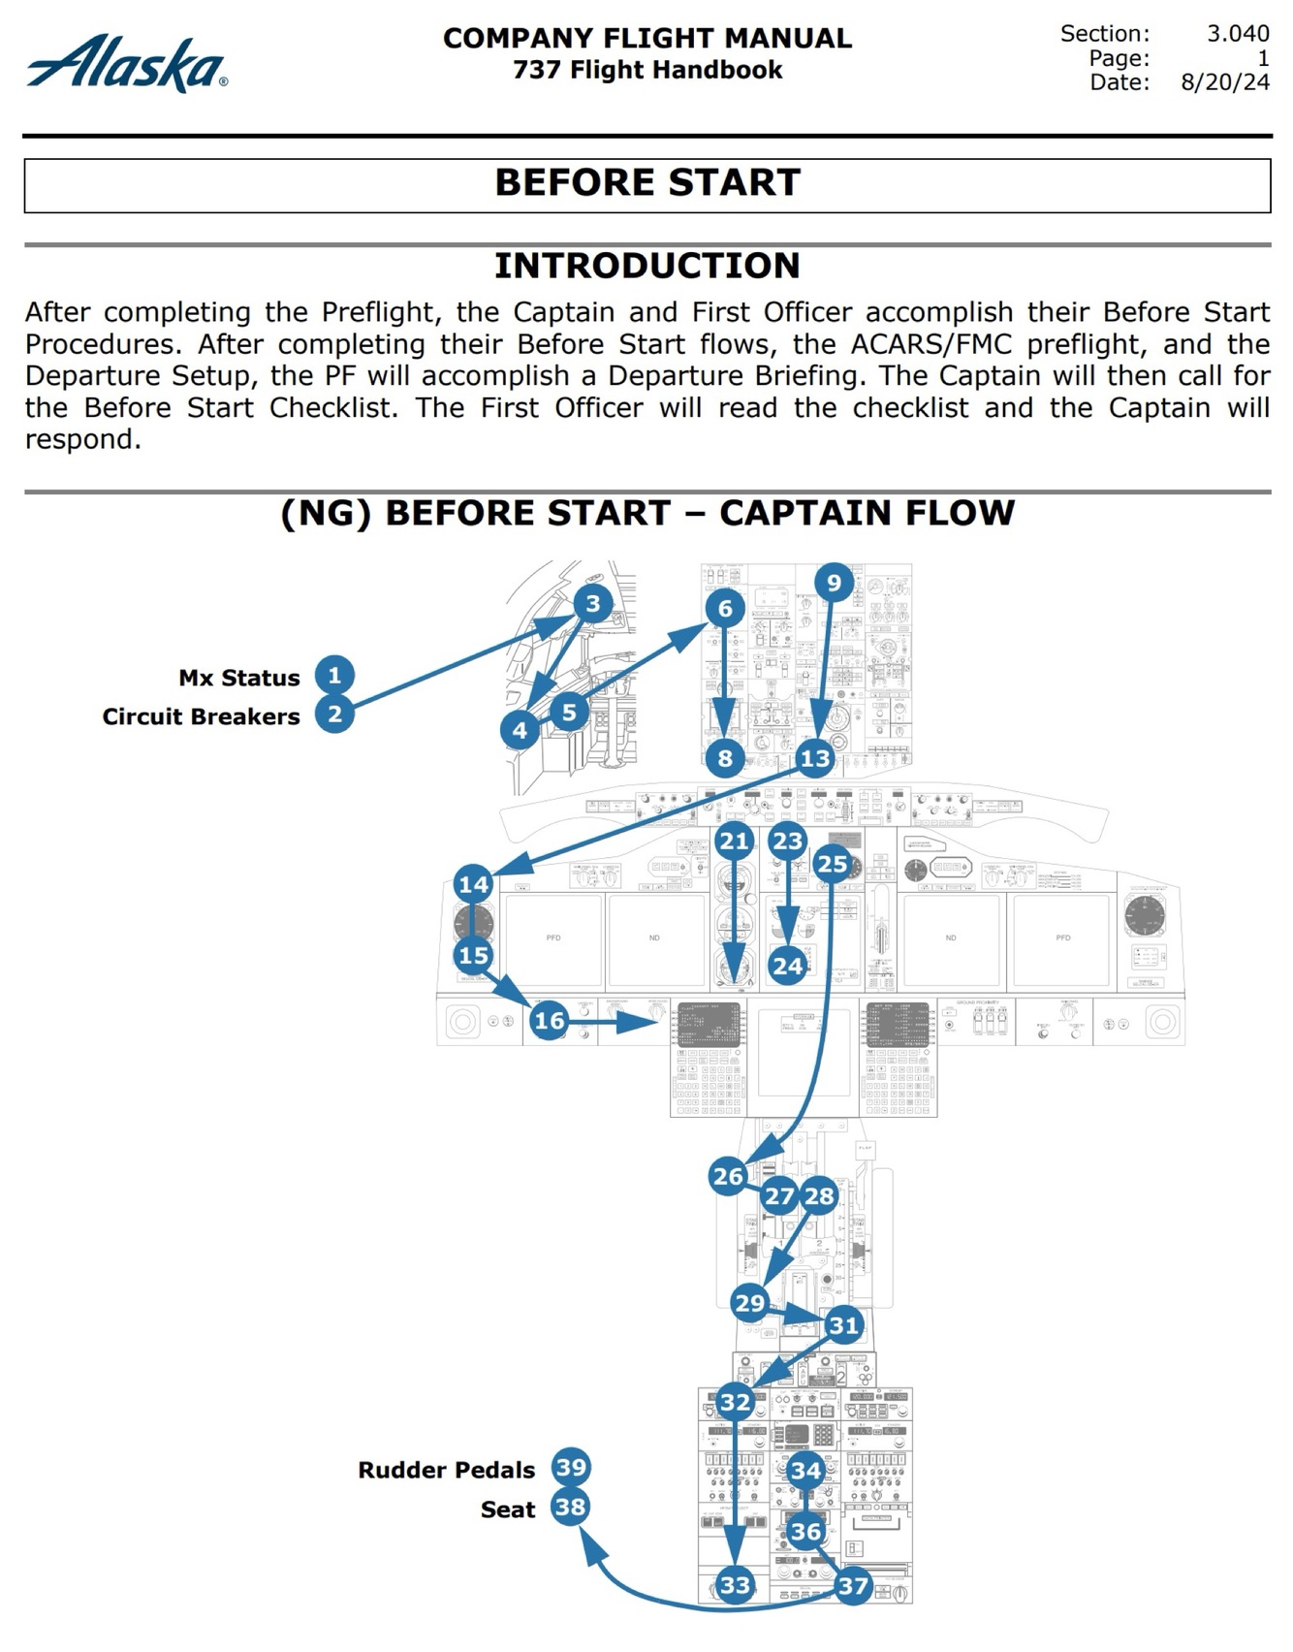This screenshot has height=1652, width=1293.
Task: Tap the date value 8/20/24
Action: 1224,82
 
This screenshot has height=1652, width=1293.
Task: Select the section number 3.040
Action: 1238,34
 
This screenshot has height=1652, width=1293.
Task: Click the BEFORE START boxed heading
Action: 646,183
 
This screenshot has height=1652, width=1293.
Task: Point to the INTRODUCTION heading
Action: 646,266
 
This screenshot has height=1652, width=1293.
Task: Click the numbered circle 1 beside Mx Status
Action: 334,675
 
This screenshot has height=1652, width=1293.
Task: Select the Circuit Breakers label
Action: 202,716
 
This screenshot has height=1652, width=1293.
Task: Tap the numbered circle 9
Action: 834,583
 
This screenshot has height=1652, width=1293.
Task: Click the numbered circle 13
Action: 815,758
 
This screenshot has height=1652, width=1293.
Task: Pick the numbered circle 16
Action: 549,1020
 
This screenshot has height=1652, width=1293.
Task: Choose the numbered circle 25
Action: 832,864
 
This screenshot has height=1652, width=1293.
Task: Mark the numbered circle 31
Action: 843,1325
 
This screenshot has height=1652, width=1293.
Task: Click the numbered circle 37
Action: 852,1585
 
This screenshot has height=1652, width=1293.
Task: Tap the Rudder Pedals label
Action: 446,1470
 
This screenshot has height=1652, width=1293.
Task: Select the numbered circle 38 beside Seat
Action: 570,1508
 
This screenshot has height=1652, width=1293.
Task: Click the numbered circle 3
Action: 592,604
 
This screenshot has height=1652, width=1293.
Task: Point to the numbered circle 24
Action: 788,966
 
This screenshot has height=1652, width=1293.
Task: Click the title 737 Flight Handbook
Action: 646,70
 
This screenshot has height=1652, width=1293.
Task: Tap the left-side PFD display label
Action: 553,937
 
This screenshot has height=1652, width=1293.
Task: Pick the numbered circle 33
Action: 735,1584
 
